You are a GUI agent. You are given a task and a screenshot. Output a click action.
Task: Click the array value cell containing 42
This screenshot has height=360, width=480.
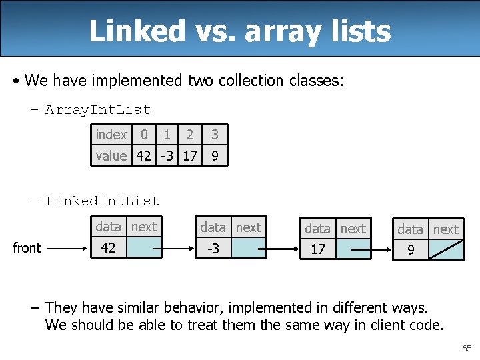pos(143,156)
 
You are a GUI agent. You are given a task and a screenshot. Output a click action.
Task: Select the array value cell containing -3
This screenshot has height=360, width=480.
pos(166,156)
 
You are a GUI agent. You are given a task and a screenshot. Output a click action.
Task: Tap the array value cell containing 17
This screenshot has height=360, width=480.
pos(189,156)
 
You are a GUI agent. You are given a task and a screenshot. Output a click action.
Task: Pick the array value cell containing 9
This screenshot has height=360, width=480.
pos(215,156)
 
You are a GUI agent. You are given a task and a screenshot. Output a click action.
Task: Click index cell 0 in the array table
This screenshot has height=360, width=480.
pos(143,135)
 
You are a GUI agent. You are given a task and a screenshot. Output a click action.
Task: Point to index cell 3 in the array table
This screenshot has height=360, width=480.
pos(215,135)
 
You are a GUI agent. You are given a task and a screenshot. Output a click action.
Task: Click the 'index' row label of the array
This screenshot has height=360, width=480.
pos(111,135)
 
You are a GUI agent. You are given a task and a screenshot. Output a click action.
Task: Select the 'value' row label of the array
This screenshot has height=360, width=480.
pos(111,156)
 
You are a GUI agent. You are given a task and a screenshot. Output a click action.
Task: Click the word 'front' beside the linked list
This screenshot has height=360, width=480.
pos(27,248)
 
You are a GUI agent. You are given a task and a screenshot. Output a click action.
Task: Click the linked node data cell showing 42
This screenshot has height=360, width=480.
pos(109,248)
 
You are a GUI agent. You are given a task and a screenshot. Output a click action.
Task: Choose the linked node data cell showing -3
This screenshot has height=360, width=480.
pos(213,249)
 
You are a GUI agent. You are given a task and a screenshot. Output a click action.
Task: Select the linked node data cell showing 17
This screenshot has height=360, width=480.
pos(318,250)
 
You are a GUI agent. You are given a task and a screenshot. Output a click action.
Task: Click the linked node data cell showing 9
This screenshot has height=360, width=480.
pos(411,251)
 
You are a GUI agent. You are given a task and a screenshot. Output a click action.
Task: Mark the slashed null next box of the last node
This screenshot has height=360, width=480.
pos(445,251)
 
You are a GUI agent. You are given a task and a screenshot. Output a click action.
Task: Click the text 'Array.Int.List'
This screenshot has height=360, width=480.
pos(98,110)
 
